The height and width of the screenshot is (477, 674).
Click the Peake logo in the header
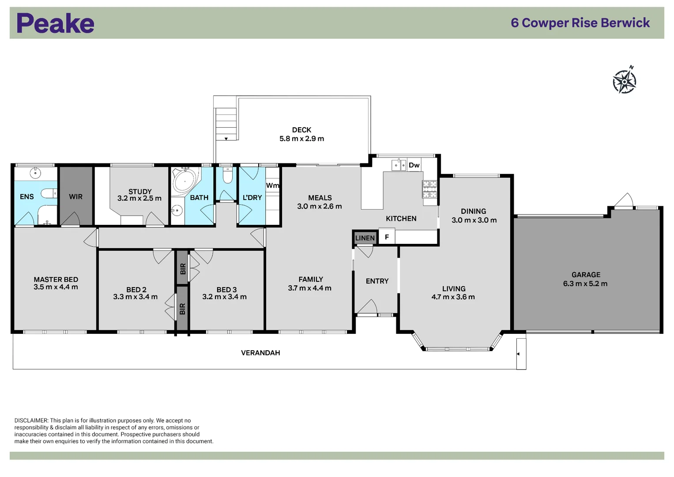click(55, 23)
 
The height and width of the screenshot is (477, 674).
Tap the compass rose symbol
click(625, 81)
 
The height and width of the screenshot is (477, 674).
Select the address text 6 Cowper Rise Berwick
click(580, 23)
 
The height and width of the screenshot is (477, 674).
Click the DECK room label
click(301, 130)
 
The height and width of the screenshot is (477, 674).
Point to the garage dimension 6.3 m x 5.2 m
click(585, 284)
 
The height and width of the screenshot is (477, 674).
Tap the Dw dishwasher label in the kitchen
click(414, 165)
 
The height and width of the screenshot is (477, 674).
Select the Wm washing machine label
click(272, 185)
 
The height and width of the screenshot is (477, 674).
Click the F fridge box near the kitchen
click(387, 237)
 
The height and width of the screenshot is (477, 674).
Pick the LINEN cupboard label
click(365, 238)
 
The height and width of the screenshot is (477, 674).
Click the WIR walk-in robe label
click(75, 197)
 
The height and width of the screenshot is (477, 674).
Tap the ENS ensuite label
click(26, 197)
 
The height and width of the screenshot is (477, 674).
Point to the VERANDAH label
click(260, 352)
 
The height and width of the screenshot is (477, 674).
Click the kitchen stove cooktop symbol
click(430, 189)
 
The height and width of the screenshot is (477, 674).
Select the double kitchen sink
click(399, 165)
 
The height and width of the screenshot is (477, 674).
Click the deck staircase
click(226, 124)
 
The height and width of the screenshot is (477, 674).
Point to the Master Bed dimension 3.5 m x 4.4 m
click(56, 287)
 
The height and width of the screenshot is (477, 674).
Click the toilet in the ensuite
click(49, 193)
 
